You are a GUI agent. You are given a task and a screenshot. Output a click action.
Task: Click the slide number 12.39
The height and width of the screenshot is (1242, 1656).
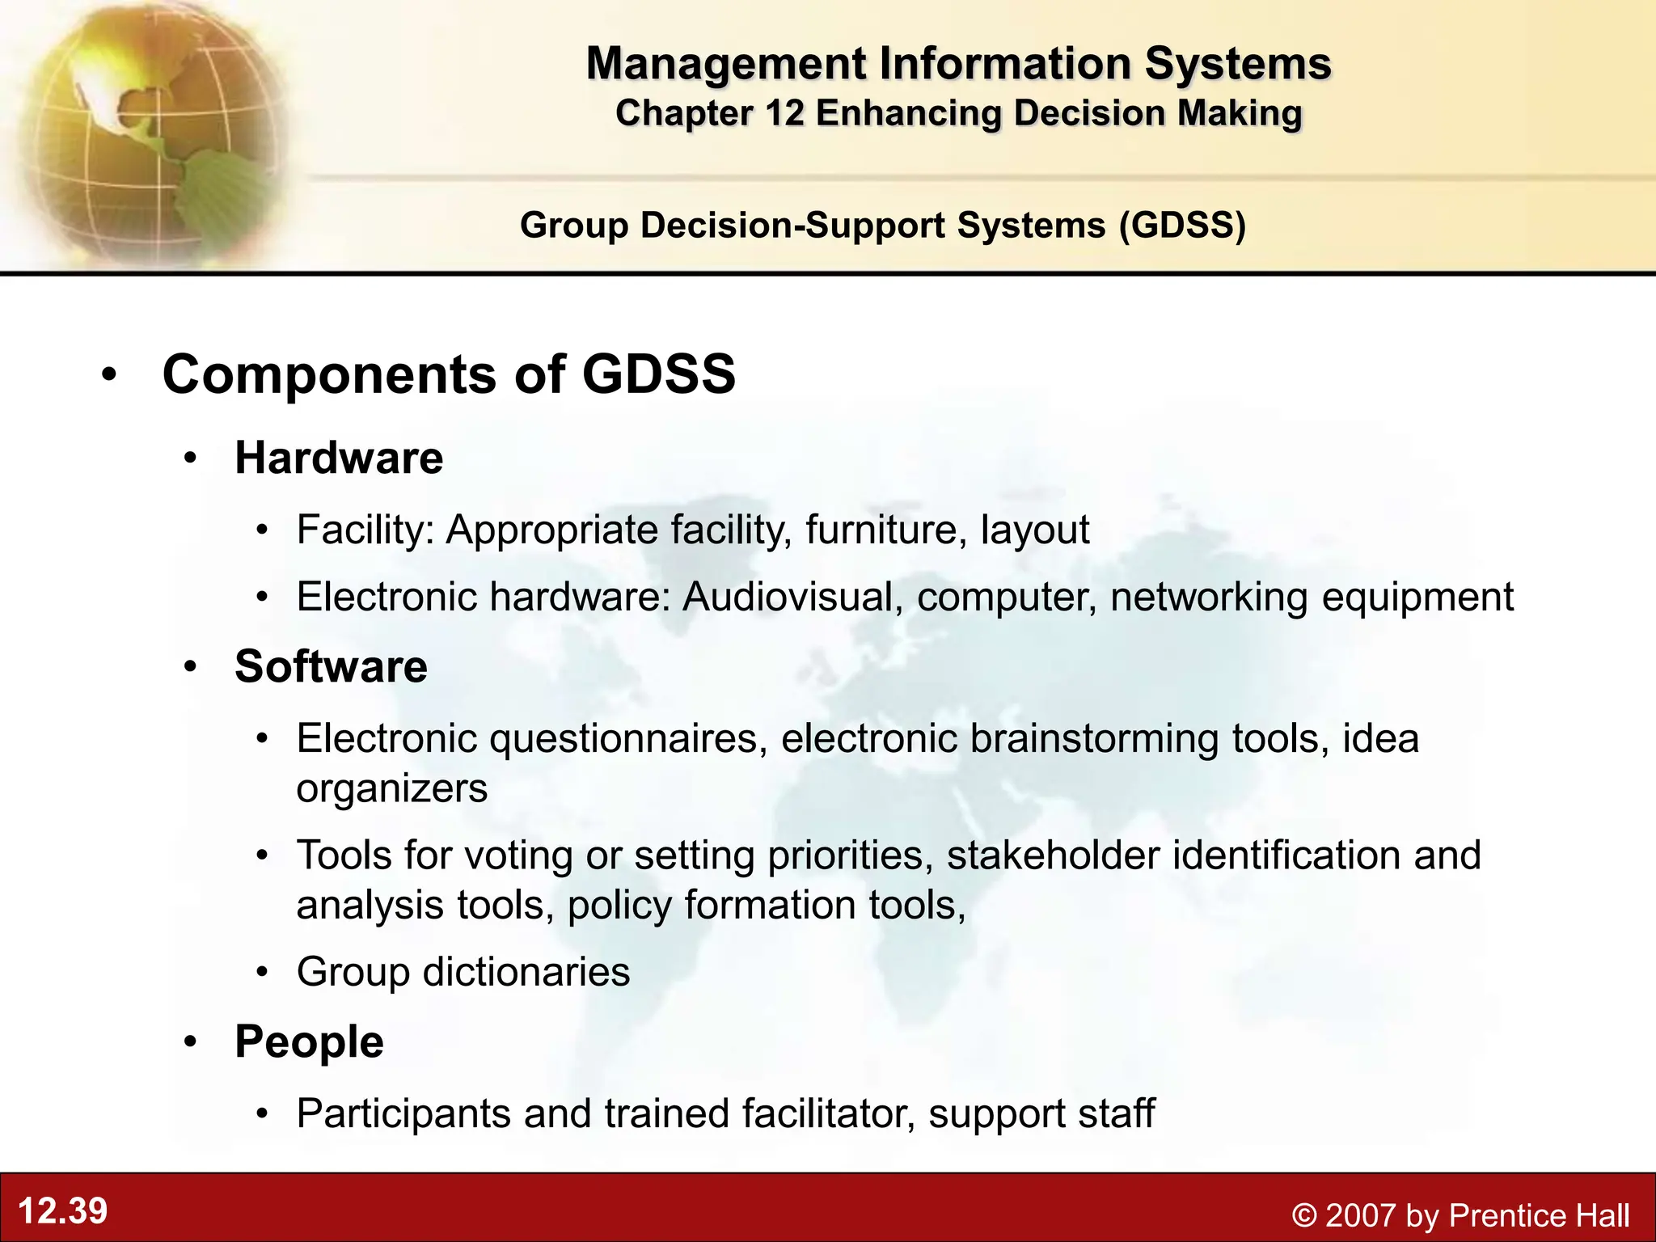pyautogui.click(x=62, y=1211)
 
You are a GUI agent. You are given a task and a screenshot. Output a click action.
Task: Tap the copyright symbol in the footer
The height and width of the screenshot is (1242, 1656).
pyautogui.click(x=1303, y=1215)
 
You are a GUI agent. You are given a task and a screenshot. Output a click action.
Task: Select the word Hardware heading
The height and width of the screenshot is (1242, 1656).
pyautogui.click(x=339, y=458)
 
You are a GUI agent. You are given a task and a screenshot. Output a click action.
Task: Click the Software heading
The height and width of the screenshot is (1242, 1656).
pyautogui.click(x=331, y=666)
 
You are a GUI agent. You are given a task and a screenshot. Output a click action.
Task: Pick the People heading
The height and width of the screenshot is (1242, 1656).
pyautogui.click(x=309, y=1041)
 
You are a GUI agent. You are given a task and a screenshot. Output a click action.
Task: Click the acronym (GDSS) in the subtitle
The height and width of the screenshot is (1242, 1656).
pyautogui.click(x=1182, y=225)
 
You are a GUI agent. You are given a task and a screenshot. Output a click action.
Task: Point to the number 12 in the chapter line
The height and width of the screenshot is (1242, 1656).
pyautogui.click(x=784, y=113)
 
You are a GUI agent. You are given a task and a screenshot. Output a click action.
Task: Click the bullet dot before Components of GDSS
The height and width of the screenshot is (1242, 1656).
pyautogui.click(x=110, y=374)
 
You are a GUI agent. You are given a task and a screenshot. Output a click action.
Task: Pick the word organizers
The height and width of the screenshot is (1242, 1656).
pyautogui.click(x=392, y=788)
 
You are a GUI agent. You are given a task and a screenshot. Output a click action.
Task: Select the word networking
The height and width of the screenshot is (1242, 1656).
pyautogui.click(x=1209, y=597)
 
